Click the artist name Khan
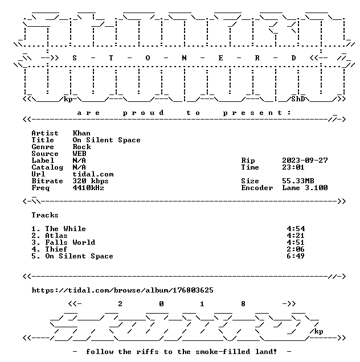click(81, 133)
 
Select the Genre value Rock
click(81, 147)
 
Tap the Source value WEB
click(79, 154)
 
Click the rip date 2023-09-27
click(305, 161)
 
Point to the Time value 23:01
click(293, 167)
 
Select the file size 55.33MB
click(298, 181)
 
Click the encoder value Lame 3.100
click(305, 188)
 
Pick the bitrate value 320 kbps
click(91, 181)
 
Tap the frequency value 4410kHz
click(88, 188)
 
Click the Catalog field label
click(47, 167)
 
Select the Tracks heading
click(45, 215)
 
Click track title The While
click(66, 229)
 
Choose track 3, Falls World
click(70, 242)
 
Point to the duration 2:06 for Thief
click(296, 249)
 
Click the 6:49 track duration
click(296, 256)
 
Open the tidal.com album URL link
click(122, 290)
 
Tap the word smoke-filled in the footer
click(223, 352)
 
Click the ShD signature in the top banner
click(298, 99)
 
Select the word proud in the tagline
click(144, 113)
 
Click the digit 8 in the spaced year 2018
click(243, 304)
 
